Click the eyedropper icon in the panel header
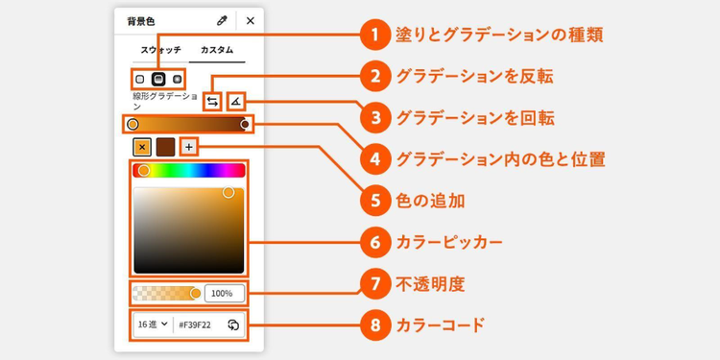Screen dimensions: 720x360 click(x=223, y=21)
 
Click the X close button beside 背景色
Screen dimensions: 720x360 click(x=251, y=21)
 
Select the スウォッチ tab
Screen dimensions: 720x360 click(x=160, y=50)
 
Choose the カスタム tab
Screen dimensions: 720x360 click(x=217, y=50)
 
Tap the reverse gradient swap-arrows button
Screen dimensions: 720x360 click(x=212, y=102)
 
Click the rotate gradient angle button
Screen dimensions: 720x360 click(x=236, y=102)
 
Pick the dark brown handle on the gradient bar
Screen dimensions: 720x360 click(x=245, y=125)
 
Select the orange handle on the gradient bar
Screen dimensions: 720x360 click(x=132, y=125)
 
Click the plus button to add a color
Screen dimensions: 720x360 click(x=189, y=147)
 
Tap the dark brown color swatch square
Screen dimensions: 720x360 click(x=165, y=147)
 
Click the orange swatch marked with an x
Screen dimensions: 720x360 click(x=142, y=147)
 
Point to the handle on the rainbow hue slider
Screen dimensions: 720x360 click(x=144, y=171)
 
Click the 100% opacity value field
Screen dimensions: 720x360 click(x=224, y=294)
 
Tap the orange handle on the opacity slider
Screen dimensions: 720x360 click(x=196, y=294)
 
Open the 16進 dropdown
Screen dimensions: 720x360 click(x=153, y=324)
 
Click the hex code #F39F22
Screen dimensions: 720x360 click(x=195, y=325)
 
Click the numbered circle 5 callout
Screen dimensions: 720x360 click(x=375, y=201)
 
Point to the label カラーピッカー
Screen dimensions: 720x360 click(x=448, y=243)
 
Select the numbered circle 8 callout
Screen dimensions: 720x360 click(x=375, y=325)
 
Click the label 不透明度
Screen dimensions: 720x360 click(x=430, y=284)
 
